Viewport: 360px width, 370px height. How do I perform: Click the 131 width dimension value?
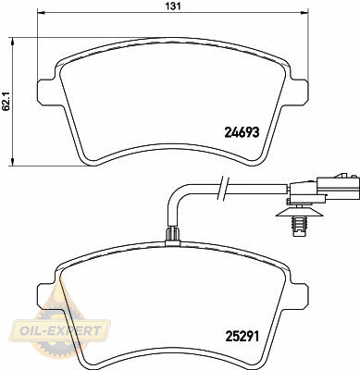click(x=174, y=6)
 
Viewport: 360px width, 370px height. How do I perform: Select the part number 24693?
click(x=242, y=132)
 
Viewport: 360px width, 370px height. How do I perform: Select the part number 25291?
click(x=242, y=337)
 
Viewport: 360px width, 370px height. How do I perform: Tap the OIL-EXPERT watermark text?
click(x=60, y=331)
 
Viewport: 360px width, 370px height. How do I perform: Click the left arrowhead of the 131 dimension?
click(x=41, y=12)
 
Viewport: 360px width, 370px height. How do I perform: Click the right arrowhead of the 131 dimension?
click(x=304, y=12)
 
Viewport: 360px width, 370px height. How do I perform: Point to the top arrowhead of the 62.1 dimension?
click(x=12, y=42)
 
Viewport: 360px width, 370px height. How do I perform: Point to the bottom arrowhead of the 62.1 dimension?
click(x=12, y=162)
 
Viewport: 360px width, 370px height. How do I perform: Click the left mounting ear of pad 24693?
click(x=47, y=91)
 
